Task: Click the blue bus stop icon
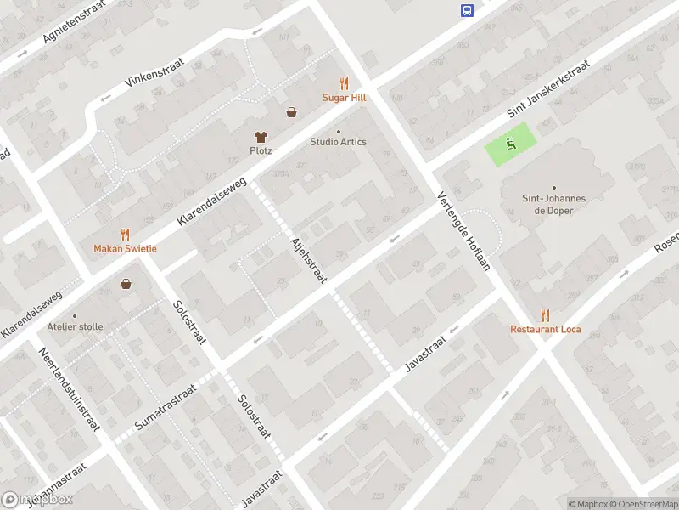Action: click(467, 10)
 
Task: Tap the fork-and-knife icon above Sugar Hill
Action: click(344, 83)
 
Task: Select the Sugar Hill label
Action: click(344, 98)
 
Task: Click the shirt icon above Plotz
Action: click(261, 136)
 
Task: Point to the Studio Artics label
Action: click(338, 142)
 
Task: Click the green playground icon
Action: click(511, 144)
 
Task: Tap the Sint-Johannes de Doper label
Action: click(553, 204)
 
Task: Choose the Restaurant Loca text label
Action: click(545, 329)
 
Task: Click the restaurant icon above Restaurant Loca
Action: click(545, 314)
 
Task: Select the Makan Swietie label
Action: click(125, 248)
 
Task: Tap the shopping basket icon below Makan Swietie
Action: click(126, 284)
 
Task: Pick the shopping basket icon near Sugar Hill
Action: click(291, 111)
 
